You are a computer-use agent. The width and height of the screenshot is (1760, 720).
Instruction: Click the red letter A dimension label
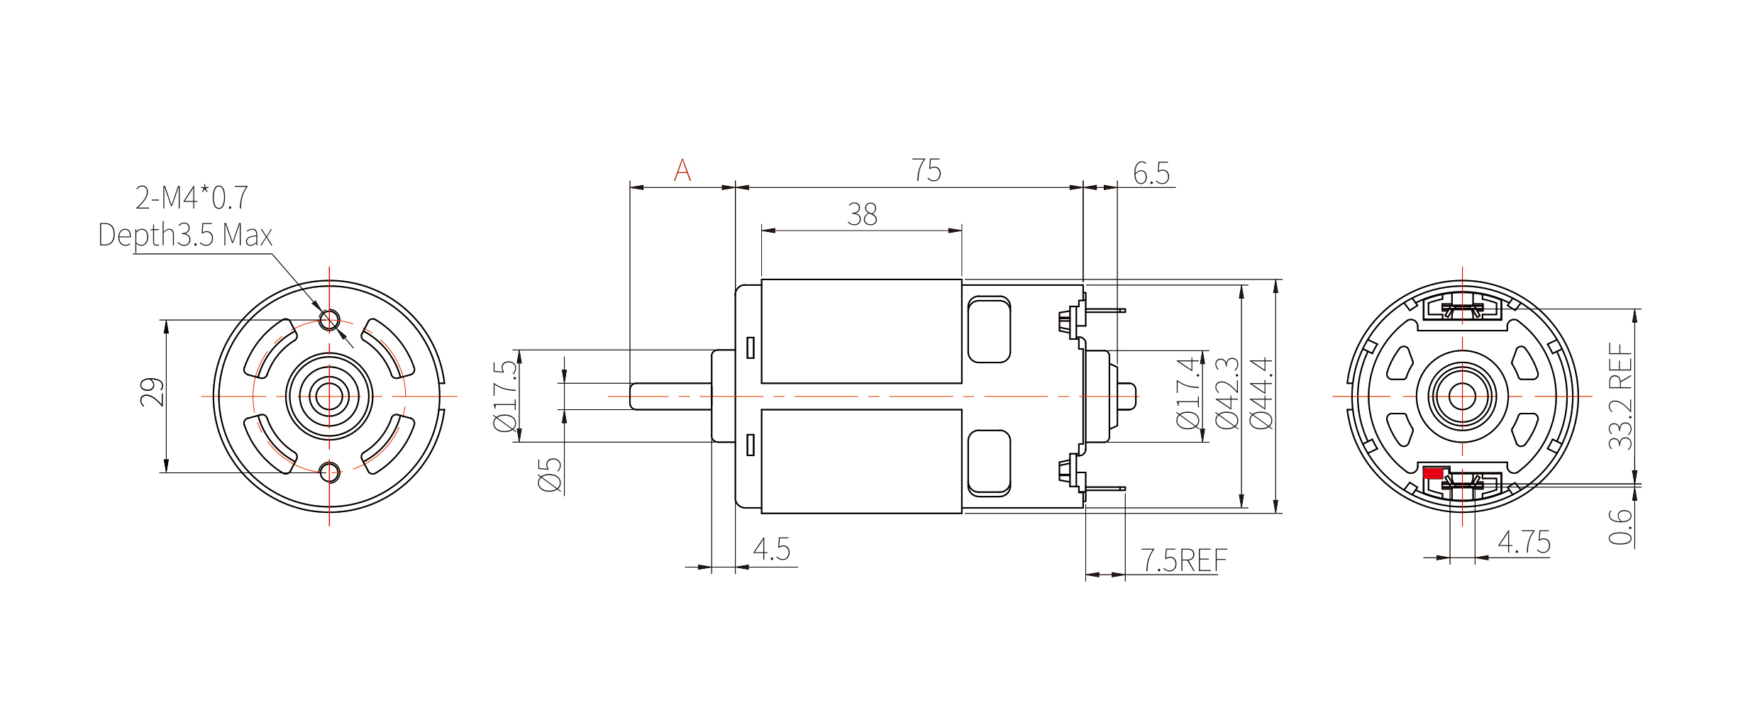point(682,170)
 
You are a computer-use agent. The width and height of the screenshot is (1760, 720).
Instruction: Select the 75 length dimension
point(926,170)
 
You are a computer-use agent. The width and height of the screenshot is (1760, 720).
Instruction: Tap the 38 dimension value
point(862,214)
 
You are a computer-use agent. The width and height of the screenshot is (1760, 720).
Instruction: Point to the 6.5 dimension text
point(1151,173)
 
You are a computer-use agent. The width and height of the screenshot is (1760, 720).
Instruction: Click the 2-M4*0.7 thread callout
point(192,198)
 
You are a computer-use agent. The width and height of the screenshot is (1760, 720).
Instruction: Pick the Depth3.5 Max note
point(185,235)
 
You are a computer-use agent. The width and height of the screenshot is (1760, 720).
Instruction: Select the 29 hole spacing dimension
point(152,392)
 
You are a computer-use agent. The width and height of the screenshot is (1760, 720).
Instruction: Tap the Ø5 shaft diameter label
point(550,475)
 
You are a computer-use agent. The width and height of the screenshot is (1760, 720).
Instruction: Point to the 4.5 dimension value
point(771,549)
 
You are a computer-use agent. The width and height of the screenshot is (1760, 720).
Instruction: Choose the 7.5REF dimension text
point(1183,560)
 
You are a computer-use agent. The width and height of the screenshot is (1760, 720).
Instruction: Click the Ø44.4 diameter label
point(1261,394)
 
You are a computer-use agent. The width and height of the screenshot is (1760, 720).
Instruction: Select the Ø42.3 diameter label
point(1227,394)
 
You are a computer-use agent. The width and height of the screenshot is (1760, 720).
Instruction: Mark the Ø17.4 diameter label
point(1188,394)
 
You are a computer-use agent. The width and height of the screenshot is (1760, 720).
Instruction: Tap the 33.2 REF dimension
point(1620,396)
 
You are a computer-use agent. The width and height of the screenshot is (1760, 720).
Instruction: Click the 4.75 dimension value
point(1524,543)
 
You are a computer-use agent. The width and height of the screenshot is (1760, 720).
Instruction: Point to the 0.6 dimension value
point(1620,526)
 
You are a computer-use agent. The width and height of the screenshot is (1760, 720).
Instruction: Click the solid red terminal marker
point(1432,473)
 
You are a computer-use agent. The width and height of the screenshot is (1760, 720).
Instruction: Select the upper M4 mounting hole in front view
point(329,320)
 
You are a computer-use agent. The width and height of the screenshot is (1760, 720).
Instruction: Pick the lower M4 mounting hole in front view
point(329,472)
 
